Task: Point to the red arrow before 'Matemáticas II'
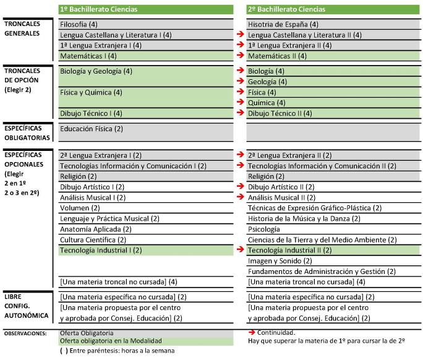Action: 241,55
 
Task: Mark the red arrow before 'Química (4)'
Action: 241,101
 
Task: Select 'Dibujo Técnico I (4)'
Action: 91,113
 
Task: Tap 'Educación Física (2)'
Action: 92,129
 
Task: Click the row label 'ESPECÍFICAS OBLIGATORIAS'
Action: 27,133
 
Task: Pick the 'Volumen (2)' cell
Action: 80,208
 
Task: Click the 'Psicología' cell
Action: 264,229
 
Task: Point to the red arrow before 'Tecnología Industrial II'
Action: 241,249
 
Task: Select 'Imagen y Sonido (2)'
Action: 280,261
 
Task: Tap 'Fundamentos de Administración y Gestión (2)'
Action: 322,272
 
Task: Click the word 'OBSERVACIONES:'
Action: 25,333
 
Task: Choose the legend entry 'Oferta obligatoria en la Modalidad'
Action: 111,341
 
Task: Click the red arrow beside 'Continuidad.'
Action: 252,332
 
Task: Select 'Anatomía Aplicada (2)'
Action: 95,229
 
